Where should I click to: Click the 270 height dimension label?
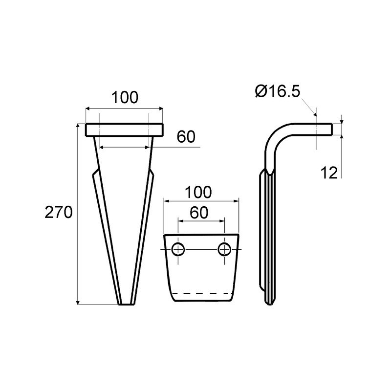tap(59, 213)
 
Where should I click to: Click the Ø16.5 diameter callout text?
tap(278, 91)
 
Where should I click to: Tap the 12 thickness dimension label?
tap(329, 173)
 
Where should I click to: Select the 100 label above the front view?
tap(125, 97)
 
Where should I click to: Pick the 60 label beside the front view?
tap(186, 137)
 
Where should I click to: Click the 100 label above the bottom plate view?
tap(198, 192)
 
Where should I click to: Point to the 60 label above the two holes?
tap(199, 213)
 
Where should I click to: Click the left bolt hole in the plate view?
tap(178, 249)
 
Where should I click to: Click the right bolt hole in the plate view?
tap(224, 249)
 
